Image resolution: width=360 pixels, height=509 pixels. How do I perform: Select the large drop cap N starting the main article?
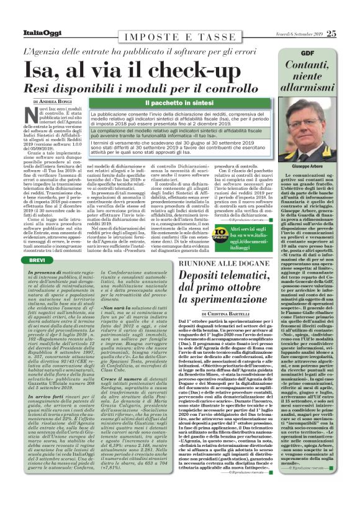29,112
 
